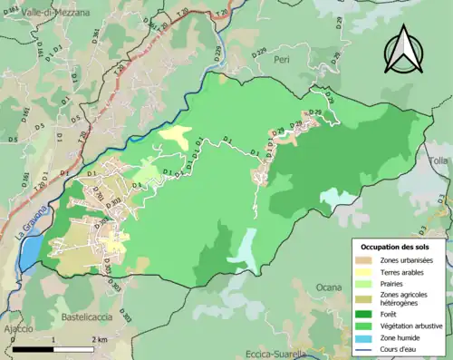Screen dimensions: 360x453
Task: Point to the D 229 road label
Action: tap(259, 54)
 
